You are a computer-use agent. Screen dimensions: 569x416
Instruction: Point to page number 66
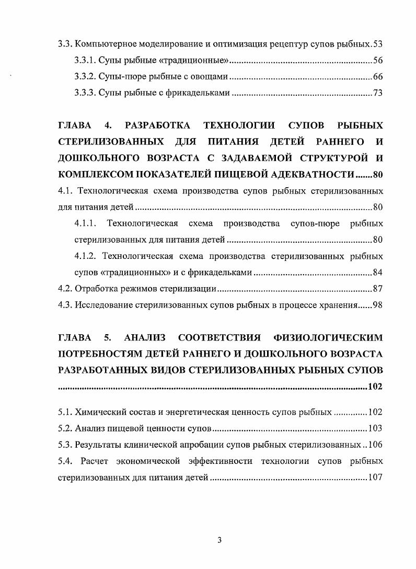tap(378, 77)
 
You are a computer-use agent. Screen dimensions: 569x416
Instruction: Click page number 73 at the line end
tap(378, 94)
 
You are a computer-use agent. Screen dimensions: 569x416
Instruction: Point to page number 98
tap(377, 305)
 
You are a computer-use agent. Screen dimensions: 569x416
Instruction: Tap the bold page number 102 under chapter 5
tap(375, 387)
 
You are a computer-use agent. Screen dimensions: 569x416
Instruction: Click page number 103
tap(375, 429)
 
